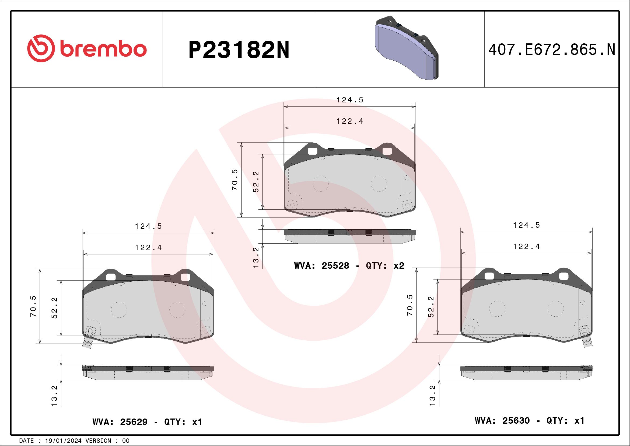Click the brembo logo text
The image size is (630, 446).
pyautogui.click(x=103, y=49)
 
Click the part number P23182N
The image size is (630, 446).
pyautogui.click(x=239, y=50)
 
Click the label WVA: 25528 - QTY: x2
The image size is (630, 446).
pyautogui.click(x=349, y=265)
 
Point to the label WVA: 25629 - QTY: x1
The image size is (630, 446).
pyautogui.click(x=147, y=421)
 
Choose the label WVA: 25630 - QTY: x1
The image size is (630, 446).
pyautogui.click(x=530, y=420)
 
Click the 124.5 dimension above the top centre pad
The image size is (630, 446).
pyautogui.click(x=350, y=100)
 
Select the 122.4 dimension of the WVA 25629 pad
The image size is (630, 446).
pyautogui.click(x=148, y=248)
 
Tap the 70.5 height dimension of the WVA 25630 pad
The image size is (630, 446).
pyautogui.click(x=410, y=305)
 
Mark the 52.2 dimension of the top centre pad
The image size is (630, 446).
pyautogui.click(x=256, y=182)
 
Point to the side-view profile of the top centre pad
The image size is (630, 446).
pyautogui.click(x=350, y=236)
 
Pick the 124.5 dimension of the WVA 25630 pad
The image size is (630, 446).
pyautogui.click(x=526, y=225)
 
